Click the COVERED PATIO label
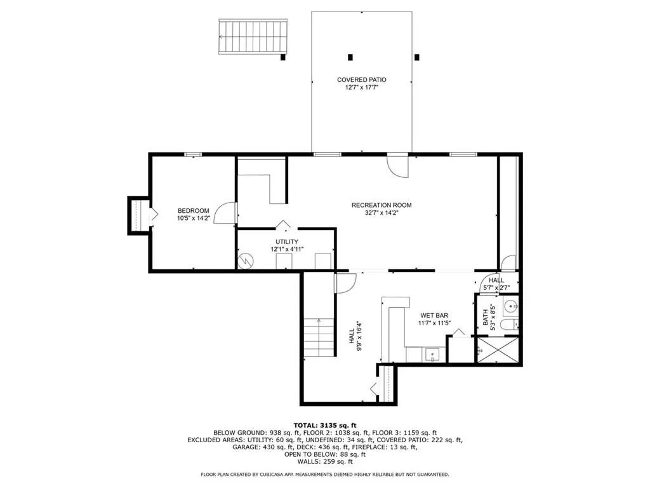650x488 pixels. tap(361, 80)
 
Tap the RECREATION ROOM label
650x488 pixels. tap(381, 205)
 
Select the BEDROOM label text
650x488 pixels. tap(193, 211)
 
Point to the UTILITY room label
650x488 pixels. tap(287, 241)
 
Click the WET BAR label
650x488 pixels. tap(434, 315)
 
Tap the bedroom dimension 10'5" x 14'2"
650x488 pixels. tap(193, 219)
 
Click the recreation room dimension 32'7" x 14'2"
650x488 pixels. tap(381, 213)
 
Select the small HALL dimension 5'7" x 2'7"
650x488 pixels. tap(496, 287)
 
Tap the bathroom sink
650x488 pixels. tap(511, 307)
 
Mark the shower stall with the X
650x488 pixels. tap(498, 350)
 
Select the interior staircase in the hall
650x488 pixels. tap(319, 337)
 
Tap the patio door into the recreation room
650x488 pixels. tap(398, 166)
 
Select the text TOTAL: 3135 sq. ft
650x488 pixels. tap(324, 425)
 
